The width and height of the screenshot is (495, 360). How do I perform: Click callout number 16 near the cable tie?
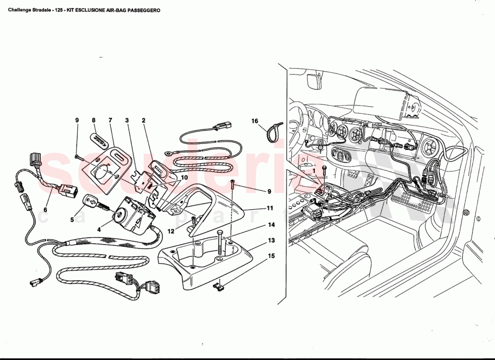tap(255, 121)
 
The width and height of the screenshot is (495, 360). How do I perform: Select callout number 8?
tap(94, 121)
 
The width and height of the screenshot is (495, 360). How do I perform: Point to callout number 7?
tap(110, 121)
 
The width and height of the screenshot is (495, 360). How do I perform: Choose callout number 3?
tap(127, 121)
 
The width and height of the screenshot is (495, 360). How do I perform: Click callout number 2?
tap(143, 121)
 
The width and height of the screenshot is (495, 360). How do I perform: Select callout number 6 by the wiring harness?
tap(45, 209)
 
